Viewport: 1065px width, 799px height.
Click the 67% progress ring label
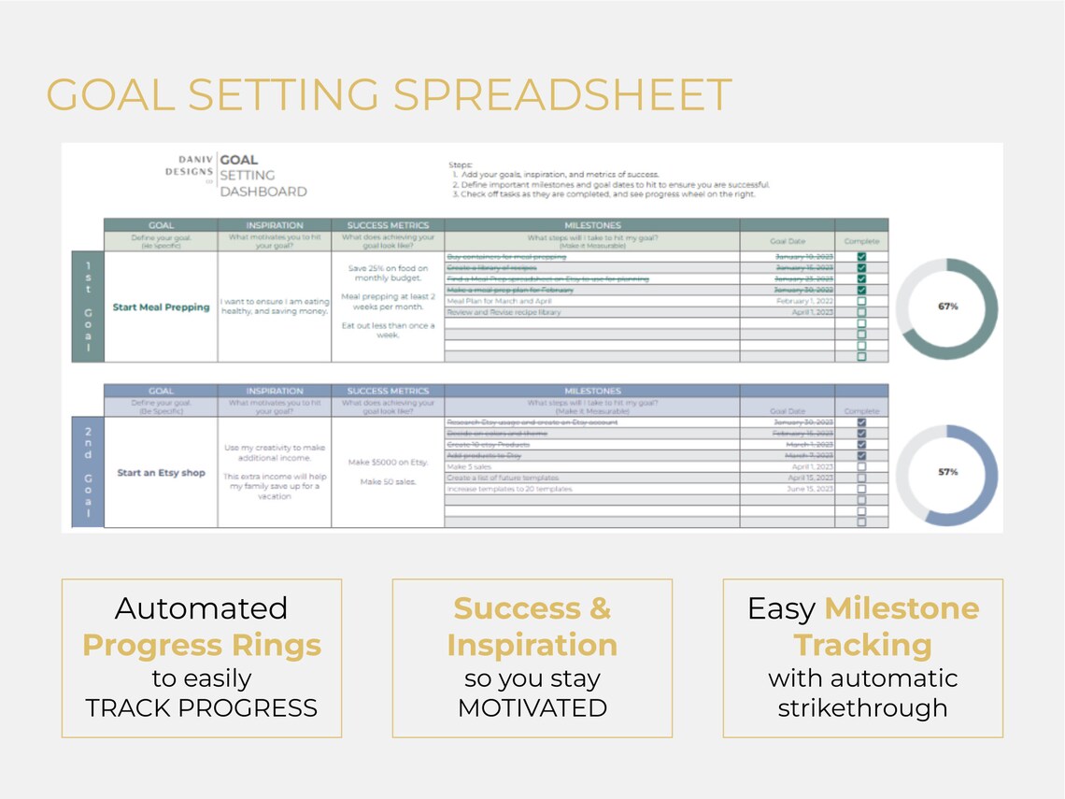coord(946,307)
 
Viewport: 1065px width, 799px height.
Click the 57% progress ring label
coord(946,472)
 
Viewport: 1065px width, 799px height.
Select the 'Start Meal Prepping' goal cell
coord(161,307)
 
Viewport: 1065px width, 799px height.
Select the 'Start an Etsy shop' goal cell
coord(161,473)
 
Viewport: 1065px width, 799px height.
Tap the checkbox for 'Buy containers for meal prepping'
coord(861,256)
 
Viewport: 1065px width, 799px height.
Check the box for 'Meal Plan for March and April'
coord(861,302)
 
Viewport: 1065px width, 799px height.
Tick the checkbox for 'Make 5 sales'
coord(861,466)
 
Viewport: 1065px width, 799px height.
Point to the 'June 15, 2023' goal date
coord(810,489)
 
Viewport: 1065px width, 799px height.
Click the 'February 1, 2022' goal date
coord(802,302)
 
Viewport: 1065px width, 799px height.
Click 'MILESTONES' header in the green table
coord(592,225)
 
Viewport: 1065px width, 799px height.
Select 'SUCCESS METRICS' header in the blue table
coord(388,391)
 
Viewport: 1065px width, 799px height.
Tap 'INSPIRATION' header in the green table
coord(275,225)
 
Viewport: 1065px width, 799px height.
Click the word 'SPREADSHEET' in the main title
coord(558,95)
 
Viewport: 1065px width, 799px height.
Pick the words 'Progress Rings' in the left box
coord(202,645)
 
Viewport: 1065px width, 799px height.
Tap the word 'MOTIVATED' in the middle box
coord(532,707)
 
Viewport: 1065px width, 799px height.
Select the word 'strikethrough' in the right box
coord(862,707)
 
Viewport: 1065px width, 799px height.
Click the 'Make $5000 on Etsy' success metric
coord(388,463)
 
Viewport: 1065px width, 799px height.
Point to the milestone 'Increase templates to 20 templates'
coord(510,489)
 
